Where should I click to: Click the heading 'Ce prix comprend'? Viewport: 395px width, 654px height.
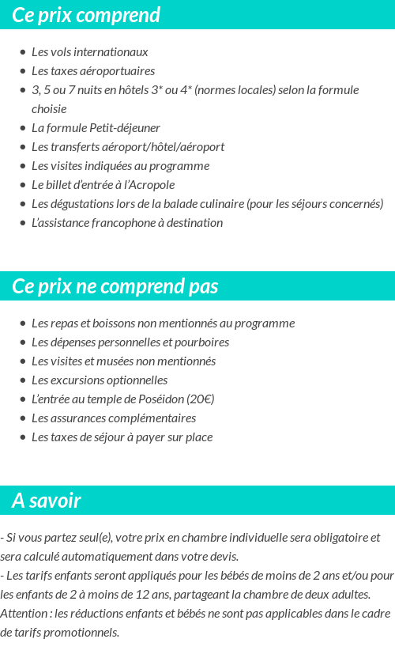coord(86,15)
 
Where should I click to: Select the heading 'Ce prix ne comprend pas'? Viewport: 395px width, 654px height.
coord(115,285)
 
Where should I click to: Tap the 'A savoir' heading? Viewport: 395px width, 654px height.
coord(47,501)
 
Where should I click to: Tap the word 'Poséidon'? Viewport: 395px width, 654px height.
coord(161,399)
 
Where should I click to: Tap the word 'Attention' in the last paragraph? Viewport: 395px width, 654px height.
coord(24,614)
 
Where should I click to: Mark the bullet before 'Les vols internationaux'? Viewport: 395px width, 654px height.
coord(23,52)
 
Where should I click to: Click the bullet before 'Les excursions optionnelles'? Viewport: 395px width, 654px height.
coord(23,380)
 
